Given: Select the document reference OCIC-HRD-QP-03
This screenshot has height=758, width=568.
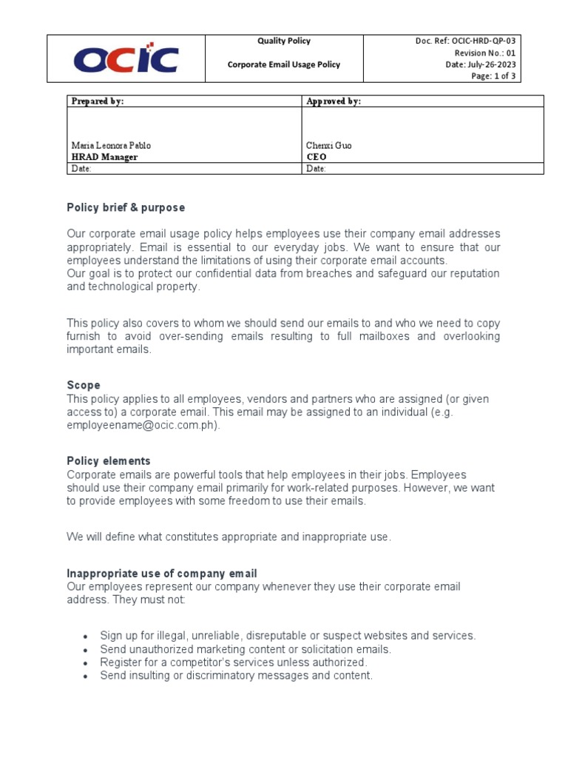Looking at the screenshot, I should click(483, 41).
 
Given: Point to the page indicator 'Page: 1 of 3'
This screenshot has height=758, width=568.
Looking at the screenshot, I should click(493, 76).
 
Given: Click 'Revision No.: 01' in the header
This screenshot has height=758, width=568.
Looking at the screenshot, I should click(484, 53).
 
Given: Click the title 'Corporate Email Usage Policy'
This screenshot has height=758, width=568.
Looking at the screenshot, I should click(284, 64).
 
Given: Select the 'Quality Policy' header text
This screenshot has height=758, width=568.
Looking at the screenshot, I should click(284, 41).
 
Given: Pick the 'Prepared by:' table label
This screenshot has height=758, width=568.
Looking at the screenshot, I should click(97, 101).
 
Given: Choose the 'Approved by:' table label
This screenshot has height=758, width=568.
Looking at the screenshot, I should click(334, 101).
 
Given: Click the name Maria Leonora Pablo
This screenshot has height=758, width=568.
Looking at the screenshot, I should click(111, 146).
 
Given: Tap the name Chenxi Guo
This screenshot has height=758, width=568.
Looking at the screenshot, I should click(329, 146).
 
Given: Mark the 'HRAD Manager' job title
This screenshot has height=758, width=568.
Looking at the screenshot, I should click(104, 157).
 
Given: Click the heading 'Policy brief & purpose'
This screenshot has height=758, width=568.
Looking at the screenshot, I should click(126, 207).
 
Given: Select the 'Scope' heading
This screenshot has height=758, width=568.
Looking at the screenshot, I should click(84, 386).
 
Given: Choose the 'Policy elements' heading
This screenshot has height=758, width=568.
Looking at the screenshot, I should click(109, 461).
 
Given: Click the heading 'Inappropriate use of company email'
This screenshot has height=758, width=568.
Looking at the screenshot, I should click(162, 574).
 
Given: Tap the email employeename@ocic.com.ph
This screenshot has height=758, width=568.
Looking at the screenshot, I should click(143, 426).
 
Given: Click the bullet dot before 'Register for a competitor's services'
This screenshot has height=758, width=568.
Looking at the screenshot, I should click(87, 663).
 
